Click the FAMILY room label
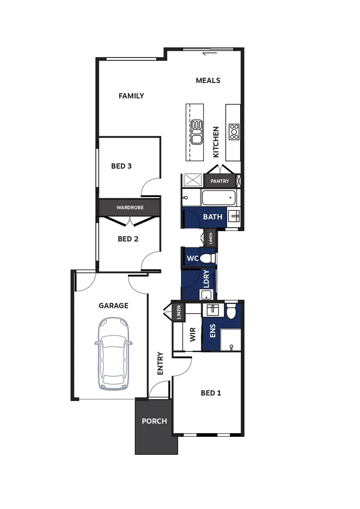pyautogui.click(x=131, y=96)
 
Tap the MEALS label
pyautogui.click(x=208, y=80)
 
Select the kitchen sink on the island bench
pyautogui.click(x=196, y=131)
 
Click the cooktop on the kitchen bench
pyautogui.click(x=234, y=131)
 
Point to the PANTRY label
pyautogui.click(x=220, y=181)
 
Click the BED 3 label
pyautogui.click(x=121, y=166)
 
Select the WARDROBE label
pyautogui.click(x=130, y=207)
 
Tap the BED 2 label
pyautogui.click(x=128, y=239)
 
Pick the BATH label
pyautogui.click(x=213, y=217)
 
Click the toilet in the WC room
pyautogui.click(x=207, y=258)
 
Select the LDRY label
pyautogui.click(x=206, y=279)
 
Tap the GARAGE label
pyautogui.click(x=113, y=305)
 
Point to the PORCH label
pyautogui.click(x=154, y=421)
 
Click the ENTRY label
pyautogui.click(x=160, y=363)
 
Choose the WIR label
pyautogui.click(x=192, y=335)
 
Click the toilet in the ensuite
pyautogui.click(x=231, y=311)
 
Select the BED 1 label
pyautogui.click(x=211, y=393)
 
